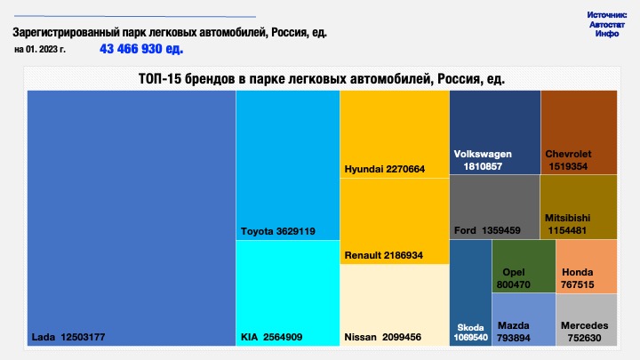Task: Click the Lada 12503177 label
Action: (x=68, y=337)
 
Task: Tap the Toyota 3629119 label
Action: (x=278, y=231)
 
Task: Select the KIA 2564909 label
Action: (x=271, y=337)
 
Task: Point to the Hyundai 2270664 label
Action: (x=385, y=169)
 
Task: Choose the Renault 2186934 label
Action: (x=384, y=255)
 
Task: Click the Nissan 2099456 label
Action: (x=382, y=337)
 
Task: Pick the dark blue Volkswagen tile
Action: (x=495, y=132)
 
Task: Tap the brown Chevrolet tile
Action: (x=580, y=132)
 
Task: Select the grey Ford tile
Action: (x=495, y=207)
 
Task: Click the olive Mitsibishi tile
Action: (x=579, y=207)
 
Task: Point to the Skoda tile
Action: (x=470, y=293)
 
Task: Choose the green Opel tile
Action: (x=524, y=267)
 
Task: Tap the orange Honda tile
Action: (x=587, y=267)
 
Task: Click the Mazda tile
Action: (x=524, y=320)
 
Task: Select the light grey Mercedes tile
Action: (x=587, y=320)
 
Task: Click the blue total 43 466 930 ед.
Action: (x=141, y=49)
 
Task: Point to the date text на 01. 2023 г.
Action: (x=40, y=50)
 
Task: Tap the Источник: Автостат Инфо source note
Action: (x=607, y=25)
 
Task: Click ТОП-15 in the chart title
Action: (x=160, y=78)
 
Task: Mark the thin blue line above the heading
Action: (x=135, y=16)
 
